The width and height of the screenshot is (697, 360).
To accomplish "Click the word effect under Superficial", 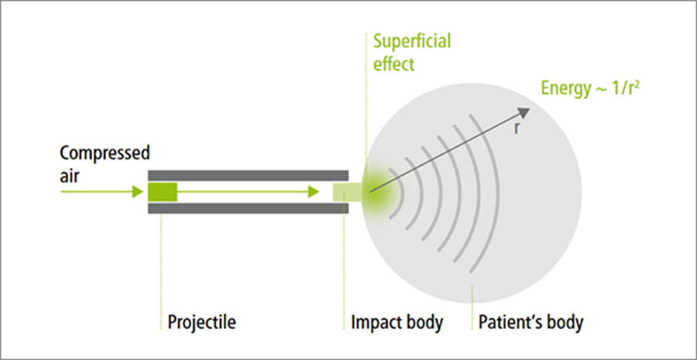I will point(394,63).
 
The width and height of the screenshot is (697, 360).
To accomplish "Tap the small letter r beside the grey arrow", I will point(516,129).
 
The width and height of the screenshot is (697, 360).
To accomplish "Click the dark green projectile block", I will point(163,191).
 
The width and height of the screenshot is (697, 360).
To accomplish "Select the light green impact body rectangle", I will point(345,191).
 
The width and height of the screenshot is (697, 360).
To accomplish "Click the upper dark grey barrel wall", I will point(248,174).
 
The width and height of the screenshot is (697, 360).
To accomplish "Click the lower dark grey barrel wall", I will point(248,208).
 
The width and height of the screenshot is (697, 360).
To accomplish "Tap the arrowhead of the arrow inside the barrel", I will point(314,191).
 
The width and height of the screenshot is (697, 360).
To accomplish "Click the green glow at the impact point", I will point(378,191).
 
